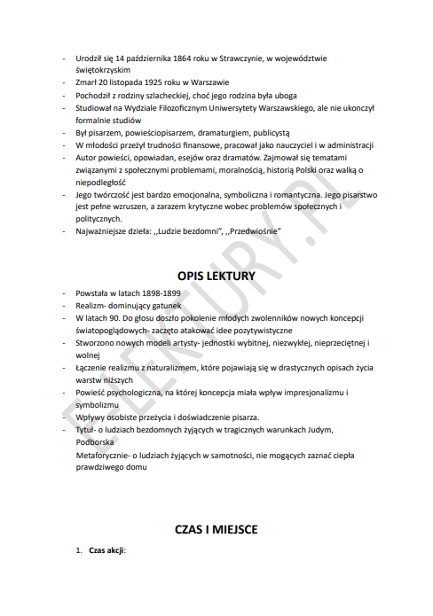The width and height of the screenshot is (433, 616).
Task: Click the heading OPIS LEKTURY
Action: point(216,276)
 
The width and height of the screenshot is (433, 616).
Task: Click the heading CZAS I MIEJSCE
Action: point(216,529)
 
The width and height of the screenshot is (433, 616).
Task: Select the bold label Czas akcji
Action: point(107,550)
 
